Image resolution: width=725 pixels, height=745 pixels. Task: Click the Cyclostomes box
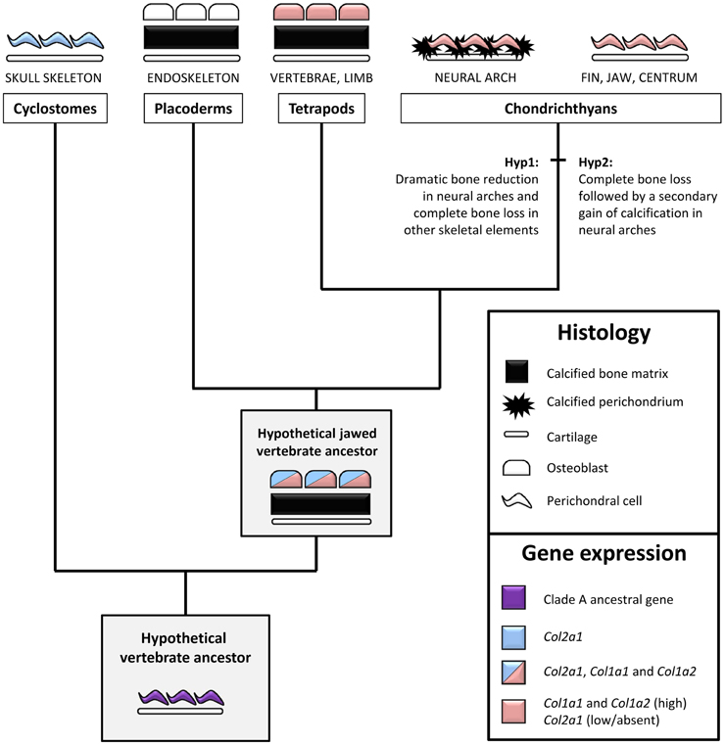[56, 109]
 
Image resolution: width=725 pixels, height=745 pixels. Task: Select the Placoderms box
[193, 109]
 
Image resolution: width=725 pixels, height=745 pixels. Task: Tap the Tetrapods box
[322, 109]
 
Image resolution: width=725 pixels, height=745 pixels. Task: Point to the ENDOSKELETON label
[192, 77]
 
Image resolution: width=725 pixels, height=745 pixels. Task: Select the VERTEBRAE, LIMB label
[322, 77]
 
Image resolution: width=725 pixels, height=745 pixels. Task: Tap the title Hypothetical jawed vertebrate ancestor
[315, 442]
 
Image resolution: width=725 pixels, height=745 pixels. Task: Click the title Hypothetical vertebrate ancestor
[185, 647]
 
